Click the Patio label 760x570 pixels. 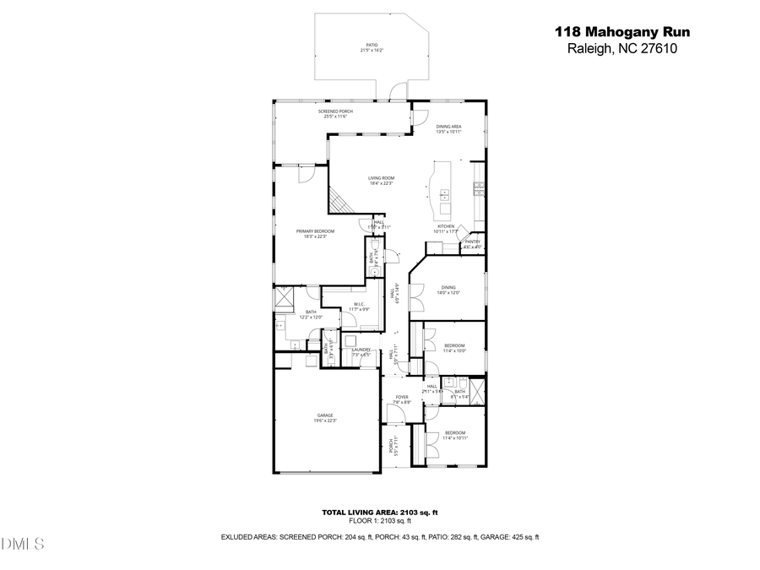[x=372, y=48]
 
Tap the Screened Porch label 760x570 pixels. [x=335, y=114]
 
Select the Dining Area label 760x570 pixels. [x=448, y=128]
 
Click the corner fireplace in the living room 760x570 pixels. [x=339, y=200]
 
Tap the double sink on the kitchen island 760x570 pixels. [x=444, y=196]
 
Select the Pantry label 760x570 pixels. [x=472, y=243]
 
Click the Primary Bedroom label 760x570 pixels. [x=315, y=233]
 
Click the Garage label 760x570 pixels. [x=325, y=417]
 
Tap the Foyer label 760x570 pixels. [x=402, y=399]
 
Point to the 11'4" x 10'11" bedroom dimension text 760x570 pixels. [x=455, y=438]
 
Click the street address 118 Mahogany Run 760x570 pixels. [x=622, y=32]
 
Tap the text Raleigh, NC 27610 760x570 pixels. [x=622, y=48]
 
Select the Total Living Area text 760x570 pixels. [x=379, y=513]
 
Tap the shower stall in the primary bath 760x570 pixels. [x=286, y=298]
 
